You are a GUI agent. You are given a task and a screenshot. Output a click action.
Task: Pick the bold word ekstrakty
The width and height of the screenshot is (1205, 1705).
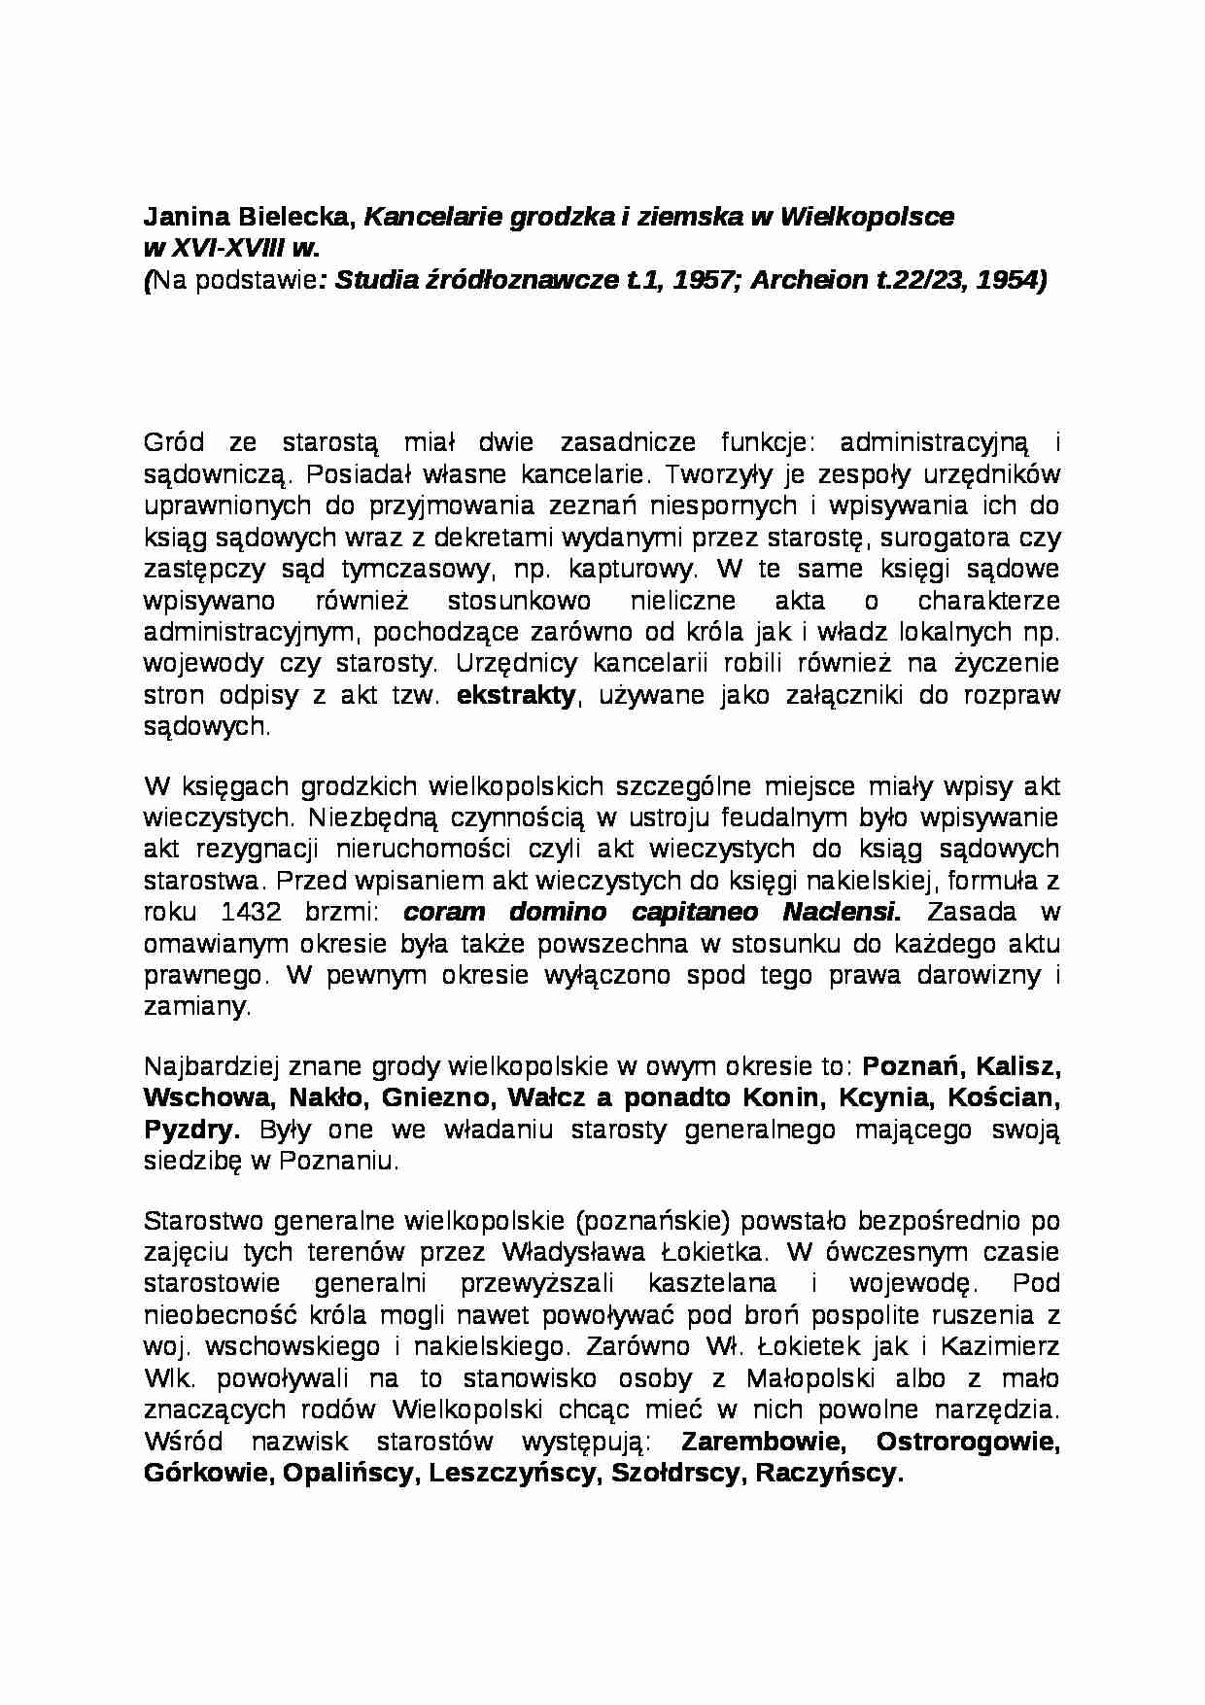[516, 695]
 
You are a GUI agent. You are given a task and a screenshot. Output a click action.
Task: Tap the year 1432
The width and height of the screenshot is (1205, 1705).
[253, 912]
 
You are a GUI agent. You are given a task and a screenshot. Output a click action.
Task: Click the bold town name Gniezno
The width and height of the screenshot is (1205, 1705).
[430, 1097]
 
